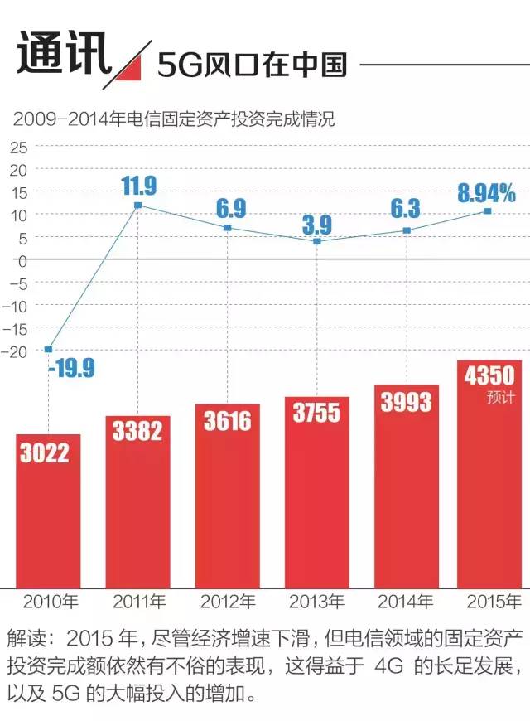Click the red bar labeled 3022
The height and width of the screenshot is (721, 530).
pos(48,510)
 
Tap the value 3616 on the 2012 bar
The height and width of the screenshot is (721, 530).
pos(228,421)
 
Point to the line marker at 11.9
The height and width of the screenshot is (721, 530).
pos(137,205)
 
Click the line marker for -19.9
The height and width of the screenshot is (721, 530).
pos(48,349)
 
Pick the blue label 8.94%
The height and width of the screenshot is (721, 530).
pos(486,194)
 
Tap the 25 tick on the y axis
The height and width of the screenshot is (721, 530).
pos(18,148)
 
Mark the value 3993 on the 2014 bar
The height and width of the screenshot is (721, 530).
pos(407,402)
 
